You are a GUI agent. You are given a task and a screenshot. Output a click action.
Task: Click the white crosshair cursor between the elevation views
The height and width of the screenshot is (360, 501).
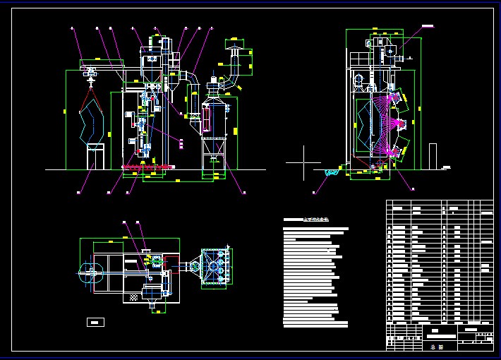(304, 162)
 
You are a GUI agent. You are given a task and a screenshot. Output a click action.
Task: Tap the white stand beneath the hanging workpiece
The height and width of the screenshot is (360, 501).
(95, 156)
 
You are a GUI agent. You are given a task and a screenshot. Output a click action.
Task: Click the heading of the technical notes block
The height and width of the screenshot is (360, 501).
(310, 220)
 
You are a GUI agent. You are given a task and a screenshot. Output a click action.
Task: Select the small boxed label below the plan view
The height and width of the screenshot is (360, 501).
(95, 323)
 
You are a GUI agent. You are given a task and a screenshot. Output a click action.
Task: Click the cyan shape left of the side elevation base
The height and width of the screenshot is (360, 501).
(330, 172)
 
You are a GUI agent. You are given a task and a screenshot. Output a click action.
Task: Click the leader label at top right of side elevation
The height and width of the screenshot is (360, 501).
(427, 26)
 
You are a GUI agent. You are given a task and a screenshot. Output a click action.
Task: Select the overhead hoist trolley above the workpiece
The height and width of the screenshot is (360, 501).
(90, 71)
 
